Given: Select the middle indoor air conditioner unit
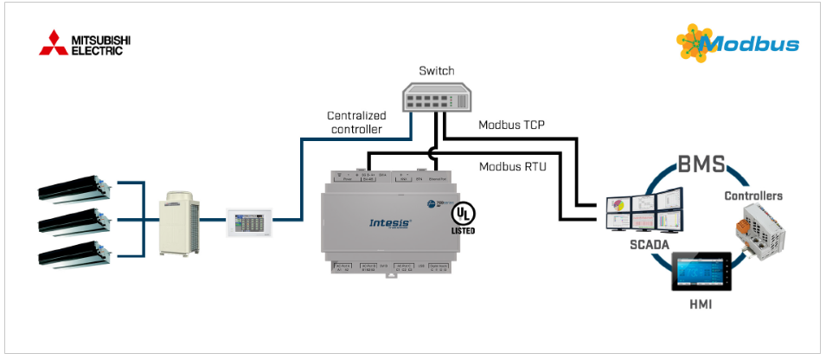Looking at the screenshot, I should pyautogui.click(x=74, y=222).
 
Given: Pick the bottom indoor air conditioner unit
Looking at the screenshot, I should pyautogui.click(x=74, y=254).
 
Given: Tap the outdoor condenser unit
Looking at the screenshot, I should pyautogui.click(x=180, y=223).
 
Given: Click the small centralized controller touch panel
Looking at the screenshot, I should pyautogui.click(x=250, y=222).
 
